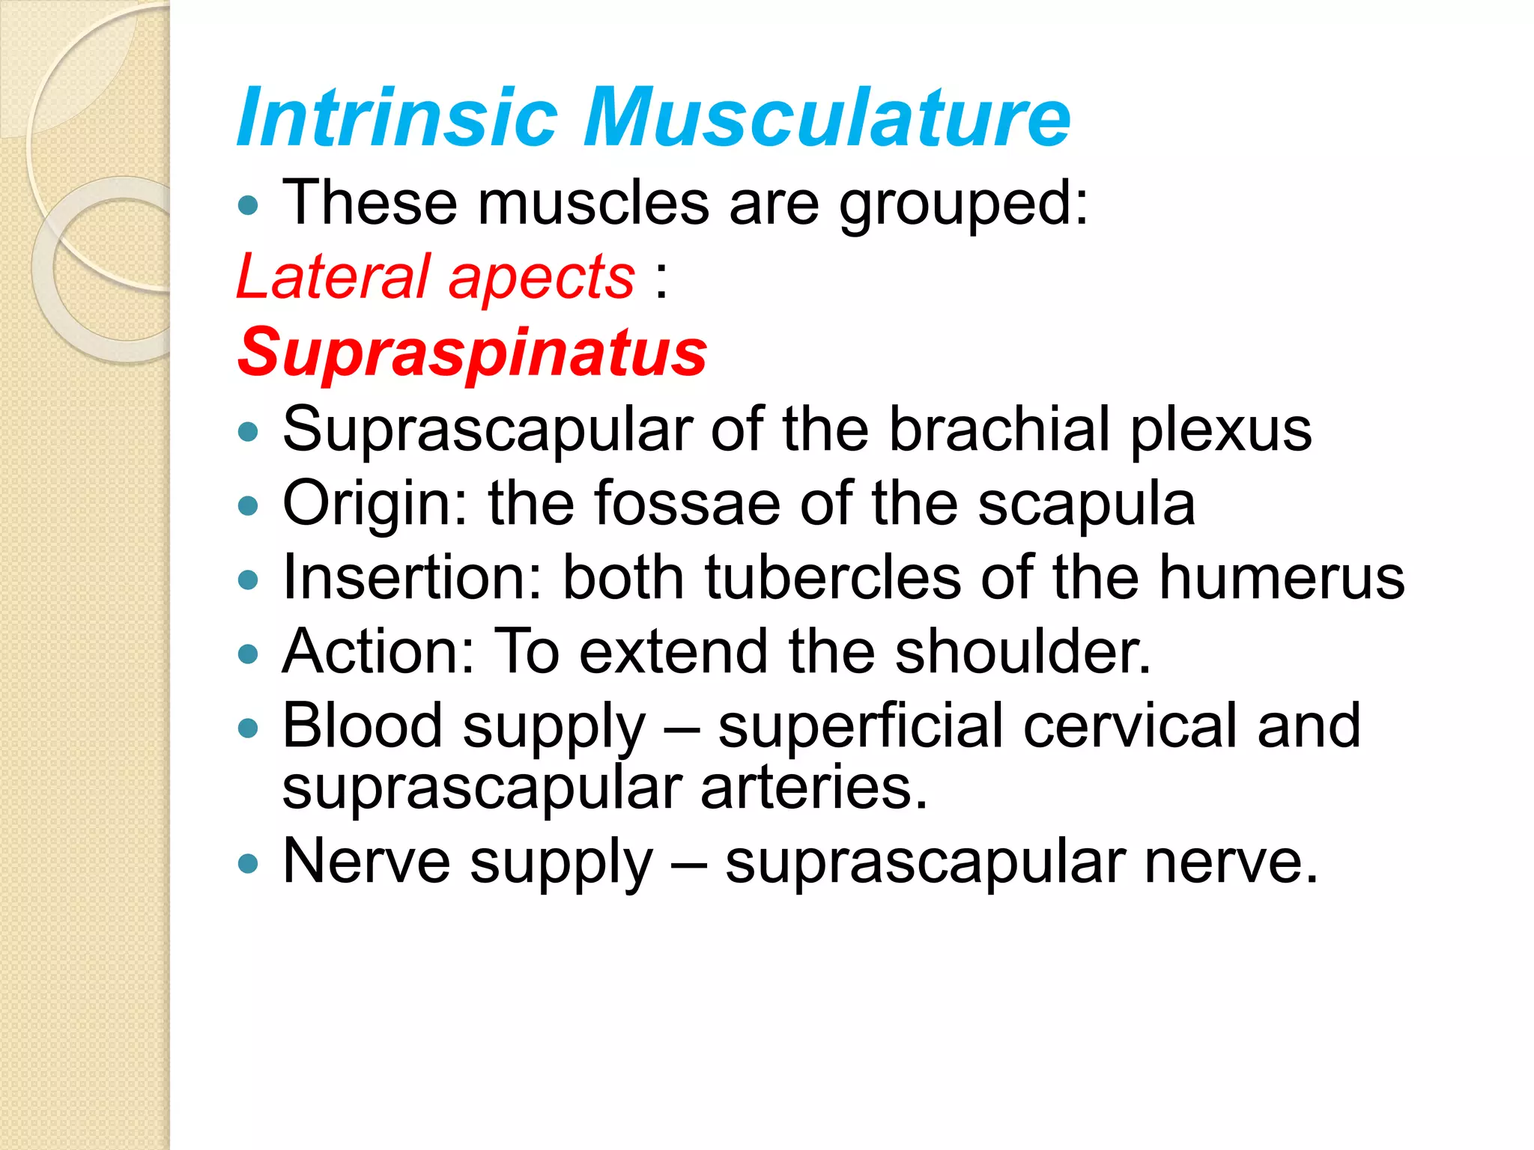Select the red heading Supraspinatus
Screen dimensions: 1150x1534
[473, 353]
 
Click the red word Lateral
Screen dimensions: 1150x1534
[334, 277]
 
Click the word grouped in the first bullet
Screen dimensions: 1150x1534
[963, 204]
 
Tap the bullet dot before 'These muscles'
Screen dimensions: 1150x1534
[248, 205]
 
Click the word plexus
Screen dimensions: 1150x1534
[1221, 431]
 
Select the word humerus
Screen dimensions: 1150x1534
[1282, 577]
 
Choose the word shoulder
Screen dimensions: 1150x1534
[1022, 651]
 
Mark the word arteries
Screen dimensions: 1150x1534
[813, 788]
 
